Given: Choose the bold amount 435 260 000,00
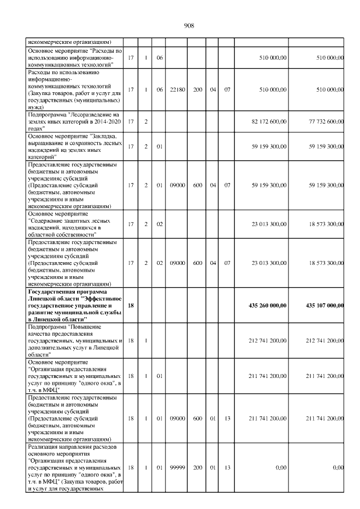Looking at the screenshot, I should [268, 305].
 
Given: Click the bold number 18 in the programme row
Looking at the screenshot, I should [130, 305].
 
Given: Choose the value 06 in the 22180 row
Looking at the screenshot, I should [160, 89].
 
